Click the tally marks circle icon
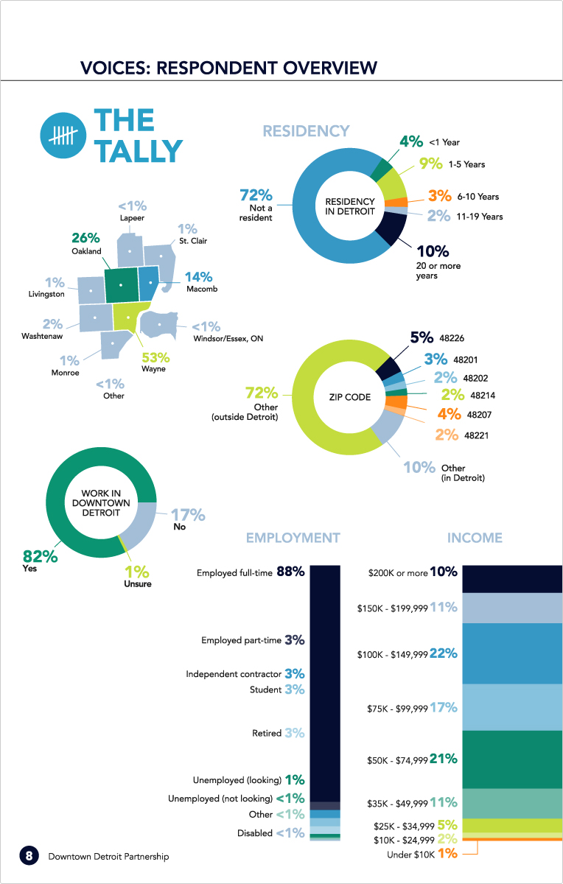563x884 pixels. coord(63,136)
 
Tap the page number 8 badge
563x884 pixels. coord(29,855)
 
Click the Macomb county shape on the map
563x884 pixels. coord(150,283)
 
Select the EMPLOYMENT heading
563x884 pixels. coord(293,538)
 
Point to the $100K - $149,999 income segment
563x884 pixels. coord(512,653)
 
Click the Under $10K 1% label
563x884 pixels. coord(422,854)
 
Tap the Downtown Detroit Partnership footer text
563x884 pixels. coord(108,856)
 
